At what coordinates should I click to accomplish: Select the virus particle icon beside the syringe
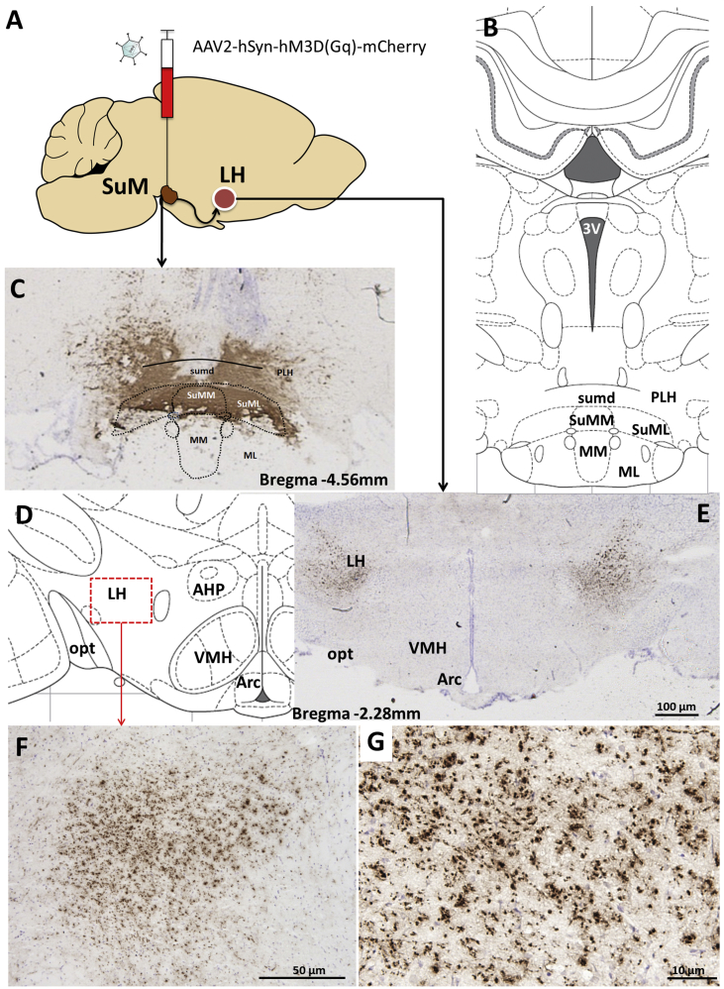point(127,48)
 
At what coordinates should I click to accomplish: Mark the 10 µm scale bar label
point(691,966)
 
